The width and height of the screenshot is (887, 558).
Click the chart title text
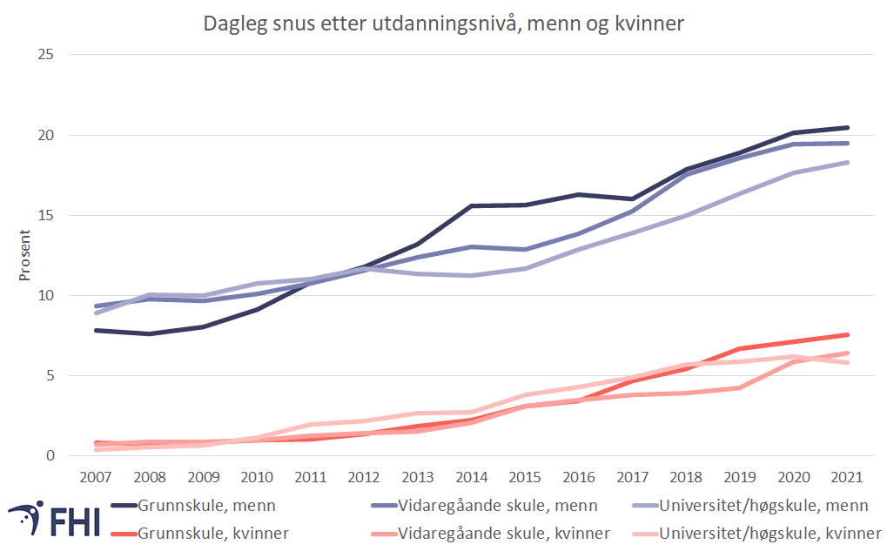click(x=444, y=24)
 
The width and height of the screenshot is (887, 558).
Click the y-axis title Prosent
click(x=25, y=256)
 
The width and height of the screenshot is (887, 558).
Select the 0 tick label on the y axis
click(x=51, y=456)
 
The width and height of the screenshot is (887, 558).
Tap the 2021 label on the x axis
click(x=848, y=477)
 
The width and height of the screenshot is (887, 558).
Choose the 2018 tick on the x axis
click(x=687, y=477)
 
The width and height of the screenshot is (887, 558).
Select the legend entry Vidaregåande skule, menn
click(x=497, y=506)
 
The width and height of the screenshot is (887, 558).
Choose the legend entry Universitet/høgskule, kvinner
click(x=765, y=533)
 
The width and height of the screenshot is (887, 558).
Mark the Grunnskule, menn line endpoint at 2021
click(x=848, y=128)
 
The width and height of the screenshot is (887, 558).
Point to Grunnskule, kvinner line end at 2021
click(x=848, y=335)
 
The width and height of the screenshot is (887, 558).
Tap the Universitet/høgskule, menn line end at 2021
click(x=848, y=163)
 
